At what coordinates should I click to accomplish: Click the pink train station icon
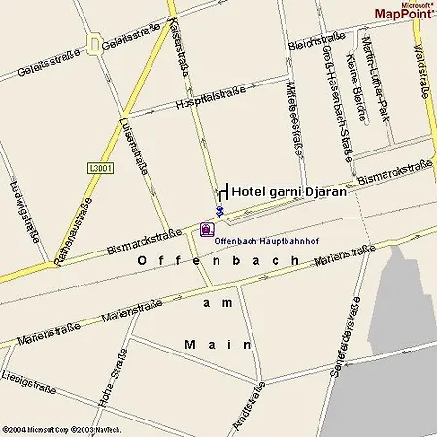click(205, 230)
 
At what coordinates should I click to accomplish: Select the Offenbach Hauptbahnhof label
click(262, 239)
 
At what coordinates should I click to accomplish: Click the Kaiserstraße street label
click(178, 46)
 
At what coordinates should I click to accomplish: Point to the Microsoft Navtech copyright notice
click(61, 428)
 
